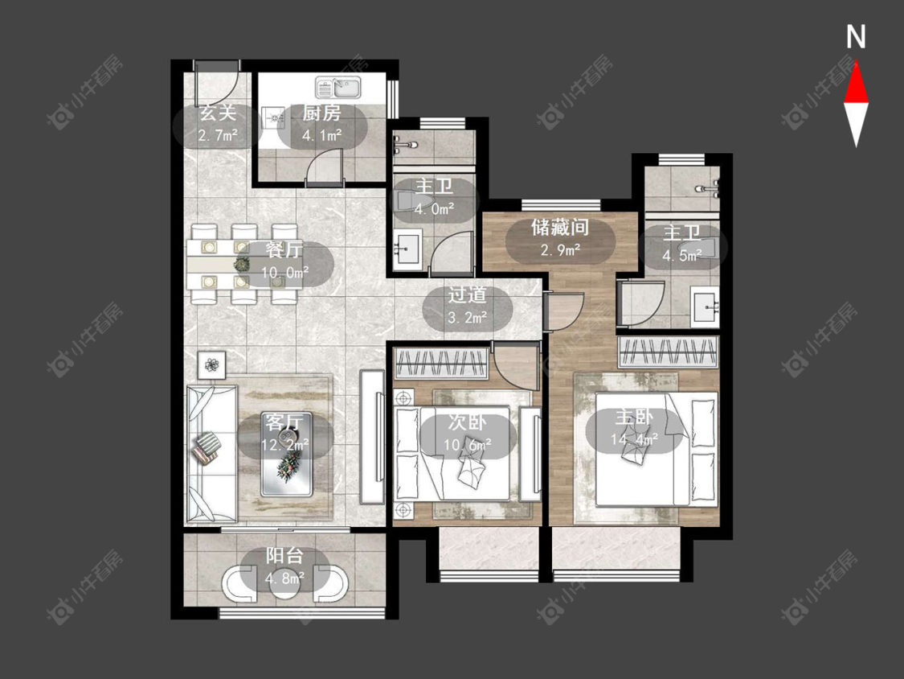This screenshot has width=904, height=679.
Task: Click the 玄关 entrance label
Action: [x=218, y=113]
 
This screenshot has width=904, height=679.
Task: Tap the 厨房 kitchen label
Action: [x=321, y=113]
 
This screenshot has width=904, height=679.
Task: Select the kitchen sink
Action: [x=337, y=88]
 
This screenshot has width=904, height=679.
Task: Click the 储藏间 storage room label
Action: [x=560, y=228]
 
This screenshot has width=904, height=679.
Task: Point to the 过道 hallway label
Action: [x=467, y=295]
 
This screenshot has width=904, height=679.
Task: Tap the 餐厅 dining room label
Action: [x=284, y=250]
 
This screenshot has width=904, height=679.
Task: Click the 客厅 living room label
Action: [x=284, y=422]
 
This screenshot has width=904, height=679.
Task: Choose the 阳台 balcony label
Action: [x=284, y=556]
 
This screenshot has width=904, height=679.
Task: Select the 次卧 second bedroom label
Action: [x=467, y=422]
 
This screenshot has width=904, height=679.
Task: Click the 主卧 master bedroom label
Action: [x=634, y=417]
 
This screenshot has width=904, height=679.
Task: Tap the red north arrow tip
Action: [x=856, y=63]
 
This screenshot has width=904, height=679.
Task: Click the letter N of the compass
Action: [x=856, y=37]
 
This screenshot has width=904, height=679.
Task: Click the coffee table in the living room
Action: [x=287, y=455]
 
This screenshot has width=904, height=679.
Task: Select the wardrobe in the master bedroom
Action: [x=669, y=352]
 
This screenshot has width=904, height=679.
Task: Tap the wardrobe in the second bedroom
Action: [x=441, y=363]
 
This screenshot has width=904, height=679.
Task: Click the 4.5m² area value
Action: [x=682, y=255]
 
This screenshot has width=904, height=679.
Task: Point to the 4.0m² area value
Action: [x=434, y=208]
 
